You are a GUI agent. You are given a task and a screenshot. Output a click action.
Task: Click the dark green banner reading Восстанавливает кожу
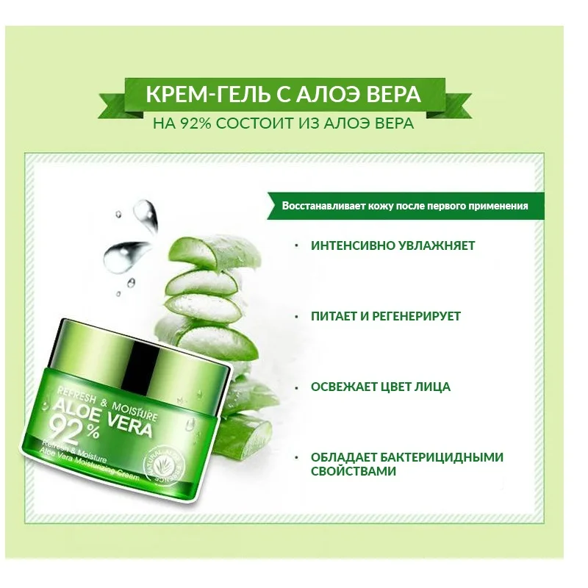tap(405, 206)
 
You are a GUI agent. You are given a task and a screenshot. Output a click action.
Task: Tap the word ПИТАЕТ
tap(334, 316)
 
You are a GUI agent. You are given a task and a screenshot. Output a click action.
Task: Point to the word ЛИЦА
tap(431, 387)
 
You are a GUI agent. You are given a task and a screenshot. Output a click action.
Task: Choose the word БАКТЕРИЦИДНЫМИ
tap(428, 457)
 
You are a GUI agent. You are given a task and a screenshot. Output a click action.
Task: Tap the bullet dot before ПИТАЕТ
tap(296, 316)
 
